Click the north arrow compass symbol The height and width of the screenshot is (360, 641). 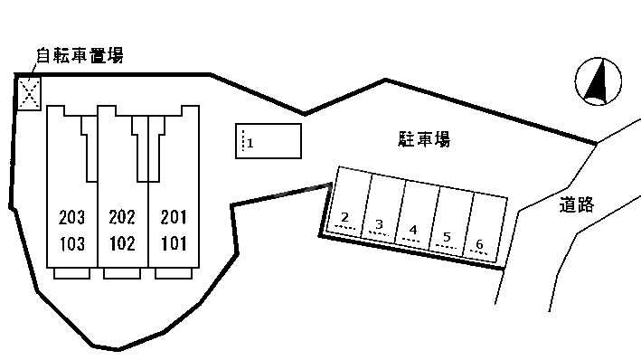[598, 81]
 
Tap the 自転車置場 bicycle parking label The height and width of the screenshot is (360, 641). [79, 56]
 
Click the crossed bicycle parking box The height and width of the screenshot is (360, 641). [30, 92]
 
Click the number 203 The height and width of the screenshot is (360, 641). [71, 218]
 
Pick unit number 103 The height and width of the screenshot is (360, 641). [71, 242]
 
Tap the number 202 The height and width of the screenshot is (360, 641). [122, 218]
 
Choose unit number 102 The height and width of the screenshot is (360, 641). [122, 242]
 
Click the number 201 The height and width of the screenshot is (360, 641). [173, 218]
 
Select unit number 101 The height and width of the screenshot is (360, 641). [173, 242]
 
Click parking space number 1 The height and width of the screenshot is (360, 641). [250, 143]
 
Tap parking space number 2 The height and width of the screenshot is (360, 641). [345, 217]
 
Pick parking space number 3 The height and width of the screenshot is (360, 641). [380, 224]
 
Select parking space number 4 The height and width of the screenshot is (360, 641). [412, 231]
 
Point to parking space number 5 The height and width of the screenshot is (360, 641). [447, 239]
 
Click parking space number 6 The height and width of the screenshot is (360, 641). [479, 245]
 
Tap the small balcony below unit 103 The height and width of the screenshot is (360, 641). [71, 273]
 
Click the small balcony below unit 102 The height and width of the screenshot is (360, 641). [122, 273]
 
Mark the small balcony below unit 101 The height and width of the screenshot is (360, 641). [173, 273]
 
